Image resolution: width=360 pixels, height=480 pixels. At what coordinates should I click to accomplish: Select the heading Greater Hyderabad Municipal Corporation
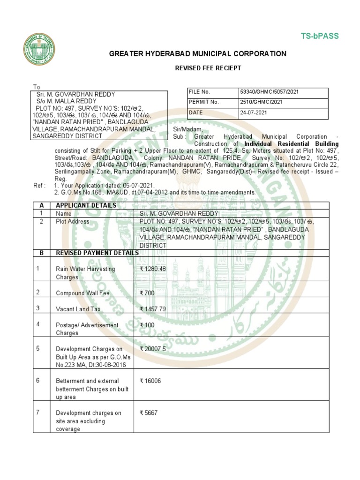click(x=197, y=54)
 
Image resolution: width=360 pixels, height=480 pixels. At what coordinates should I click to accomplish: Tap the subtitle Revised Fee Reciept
click(x=208, y=68)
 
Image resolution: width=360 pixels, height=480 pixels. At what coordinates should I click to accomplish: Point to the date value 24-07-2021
click(x=254, y=113)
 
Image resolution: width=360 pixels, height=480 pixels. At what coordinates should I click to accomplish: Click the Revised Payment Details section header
click(x=97, y=253)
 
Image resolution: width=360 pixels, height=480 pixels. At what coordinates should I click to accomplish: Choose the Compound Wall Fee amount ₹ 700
click(x=148, y=293)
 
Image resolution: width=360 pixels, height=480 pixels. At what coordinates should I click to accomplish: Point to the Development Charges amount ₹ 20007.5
click(x=153, y=349)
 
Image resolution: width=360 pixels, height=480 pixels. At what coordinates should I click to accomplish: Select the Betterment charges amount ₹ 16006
click(x=150, y=381)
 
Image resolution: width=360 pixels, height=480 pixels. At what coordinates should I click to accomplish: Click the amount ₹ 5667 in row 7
click(x=149, y=413)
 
